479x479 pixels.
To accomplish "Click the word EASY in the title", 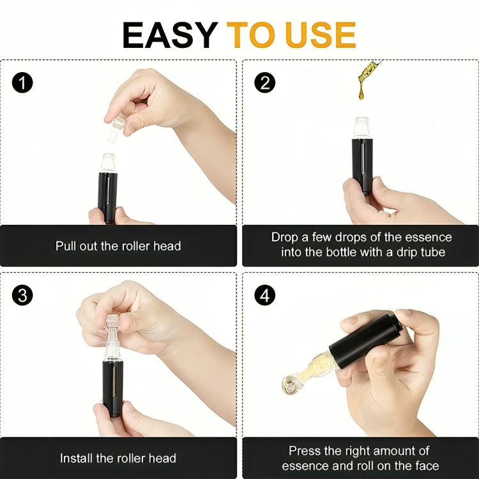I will [x=169, y=36].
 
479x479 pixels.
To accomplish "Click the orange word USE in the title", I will [x=321, y=36].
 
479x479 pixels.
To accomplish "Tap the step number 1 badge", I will [x=22, y=83].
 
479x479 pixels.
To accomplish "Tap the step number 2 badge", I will [x=264, y=83].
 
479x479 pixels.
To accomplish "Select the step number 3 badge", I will [x=22, y=296].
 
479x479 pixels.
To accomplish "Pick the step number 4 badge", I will [x=264, y=296].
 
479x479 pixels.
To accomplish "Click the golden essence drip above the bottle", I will [x=367, y=77].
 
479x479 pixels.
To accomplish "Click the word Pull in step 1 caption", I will [x=66, y=246].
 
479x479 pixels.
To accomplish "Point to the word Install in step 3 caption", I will [x=77, y=458].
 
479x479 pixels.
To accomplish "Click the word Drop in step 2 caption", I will [x=284, y=237].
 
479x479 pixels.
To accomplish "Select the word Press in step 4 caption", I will [x=305, y=451].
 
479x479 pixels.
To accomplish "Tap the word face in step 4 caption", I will [x=425, y=466].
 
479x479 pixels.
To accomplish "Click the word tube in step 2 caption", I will [x=432, y=252].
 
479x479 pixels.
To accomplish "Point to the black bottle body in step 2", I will [x=362, y=163].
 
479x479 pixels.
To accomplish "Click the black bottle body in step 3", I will [x=112, y=386].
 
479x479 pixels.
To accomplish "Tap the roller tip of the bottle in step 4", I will [x=290, y=383].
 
